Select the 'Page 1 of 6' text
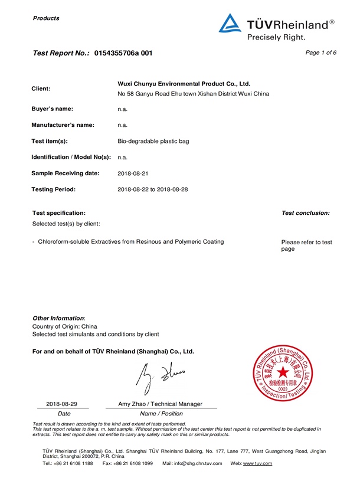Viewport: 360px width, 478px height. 321,53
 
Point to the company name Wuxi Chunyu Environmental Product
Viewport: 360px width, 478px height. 184,84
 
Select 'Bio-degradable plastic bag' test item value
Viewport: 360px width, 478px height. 153,142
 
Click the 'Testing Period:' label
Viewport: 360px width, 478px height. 54,189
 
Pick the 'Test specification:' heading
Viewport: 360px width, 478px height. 58,212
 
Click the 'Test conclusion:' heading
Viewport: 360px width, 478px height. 306,213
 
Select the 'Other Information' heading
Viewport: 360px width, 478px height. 58,318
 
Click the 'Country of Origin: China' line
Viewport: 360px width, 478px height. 65,326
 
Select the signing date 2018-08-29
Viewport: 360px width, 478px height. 62,404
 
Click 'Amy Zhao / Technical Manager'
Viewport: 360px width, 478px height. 161,404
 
